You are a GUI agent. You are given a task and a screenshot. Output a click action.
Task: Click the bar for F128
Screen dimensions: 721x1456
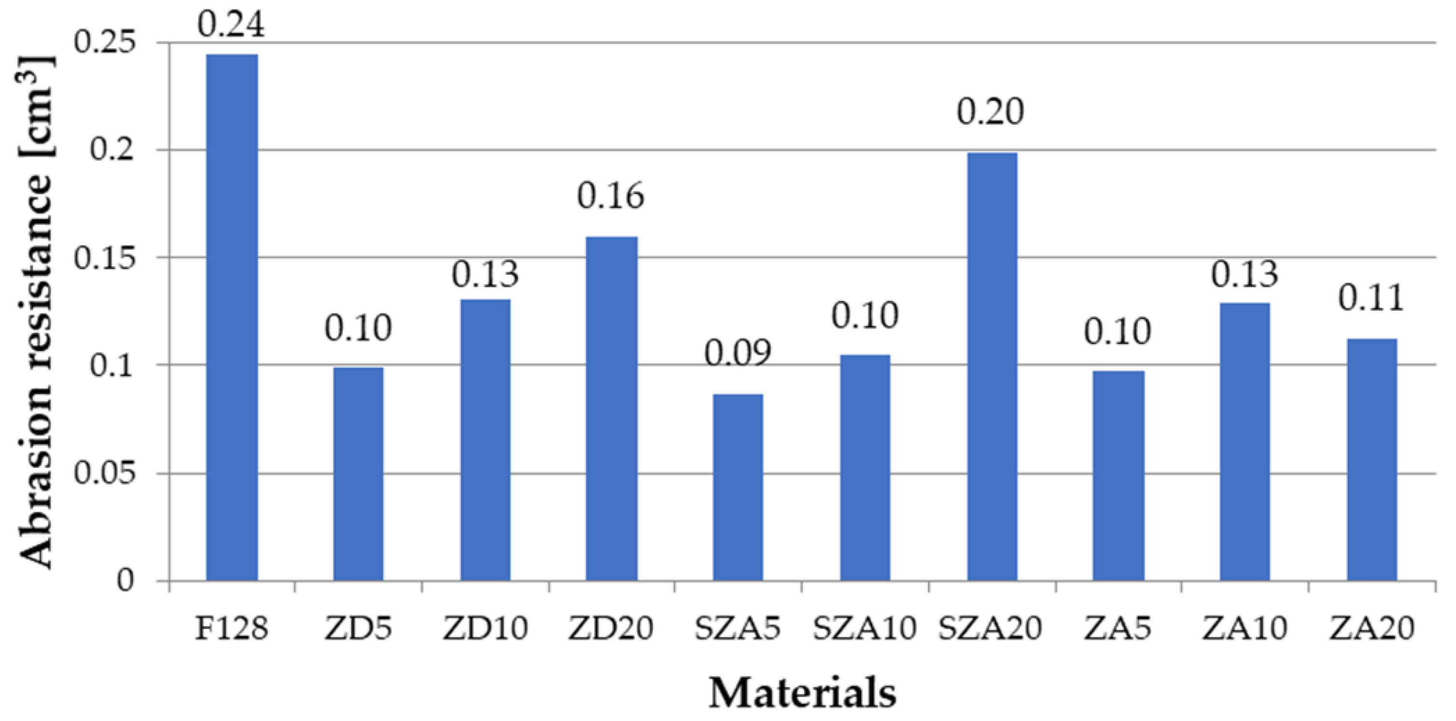tap(232, 317)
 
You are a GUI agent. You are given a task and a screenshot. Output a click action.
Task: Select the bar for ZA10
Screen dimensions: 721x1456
tap(1245, 441)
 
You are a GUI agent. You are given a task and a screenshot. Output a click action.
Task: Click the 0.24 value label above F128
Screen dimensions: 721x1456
tap(232, 26)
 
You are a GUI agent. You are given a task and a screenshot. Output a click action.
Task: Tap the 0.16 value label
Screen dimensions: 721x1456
tap(610, 197)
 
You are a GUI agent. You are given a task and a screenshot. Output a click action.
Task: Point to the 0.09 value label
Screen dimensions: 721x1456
tap(737, 354)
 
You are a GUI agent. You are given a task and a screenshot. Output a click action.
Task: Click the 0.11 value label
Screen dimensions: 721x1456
tap(1371, 298)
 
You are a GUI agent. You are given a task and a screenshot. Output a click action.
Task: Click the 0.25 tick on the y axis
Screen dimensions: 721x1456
tap(107, 43)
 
